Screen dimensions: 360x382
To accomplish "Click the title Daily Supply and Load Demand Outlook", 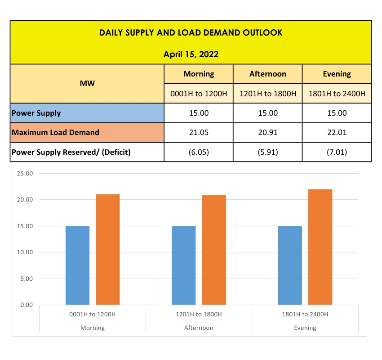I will pyautogui.click(x=191, y=33).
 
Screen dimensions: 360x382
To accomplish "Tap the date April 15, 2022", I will pyautogui.click(x=191, y=54).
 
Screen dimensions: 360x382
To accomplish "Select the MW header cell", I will pyautogui.click(x=87, y=83).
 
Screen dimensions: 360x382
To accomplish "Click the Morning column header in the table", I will pyautogui.click(x=199, y=74).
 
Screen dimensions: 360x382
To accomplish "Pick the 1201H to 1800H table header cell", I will pyautogui.click(x=268, y=94).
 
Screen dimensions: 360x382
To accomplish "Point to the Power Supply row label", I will pyautogui.click(x=36, y=113).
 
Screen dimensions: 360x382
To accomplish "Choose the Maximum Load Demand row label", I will pyautogui.click(x=55, y=132).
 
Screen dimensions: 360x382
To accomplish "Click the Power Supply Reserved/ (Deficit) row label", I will pyautogui.click(x=71, y=152).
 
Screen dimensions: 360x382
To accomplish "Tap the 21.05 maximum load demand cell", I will pyautogui.click(x=199, y=132).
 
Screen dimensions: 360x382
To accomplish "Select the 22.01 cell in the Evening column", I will pyautogui.click(x=337, y=132).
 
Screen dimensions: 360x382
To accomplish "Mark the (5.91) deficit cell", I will pyautogui.click(x=268, y=152).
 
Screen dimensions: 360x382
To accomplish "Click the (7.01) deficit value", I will pyautogui.click(x=337, y=152).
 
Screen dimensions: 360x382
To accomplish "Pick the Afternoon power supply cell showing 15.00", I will pyautogui.click(x=268, y=113).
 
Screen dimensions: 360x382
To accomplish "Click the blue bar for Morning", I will pyautogui.click(x=77, y=265).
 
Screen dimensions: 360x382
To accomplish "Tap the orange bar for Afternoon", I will pyautogui.click(x=214, y=250).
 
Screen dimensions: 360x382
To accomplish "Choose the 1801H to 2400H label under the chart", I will pyautogui.click(x=305, y=314).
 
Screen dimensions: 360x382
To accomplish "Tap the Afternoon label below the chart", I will pyautogui.click(x=199, y=328).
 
